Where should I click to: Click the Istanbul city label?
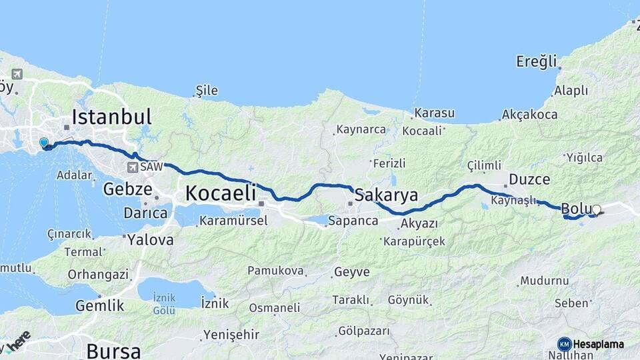click(111, 117)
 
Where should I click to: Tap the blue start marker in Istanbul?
click(44, 143)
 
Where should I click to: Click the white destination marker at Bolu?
click(596, 210)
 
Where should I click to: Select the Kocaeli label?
click(220, 193)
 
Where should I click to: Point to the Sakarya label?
click(386, 195)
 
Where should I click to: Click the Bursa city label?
click(113, 351)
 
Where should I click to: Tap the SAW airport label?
click(151, 165)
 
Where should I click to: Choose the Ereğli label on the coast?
click(536, 62)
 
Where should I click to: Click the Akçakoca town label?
click(529, 115)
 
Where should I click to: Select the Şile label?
click(206, 91)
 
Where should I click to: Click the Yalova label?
click(151, 239)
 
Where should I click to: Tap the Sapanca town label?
click(354, 221)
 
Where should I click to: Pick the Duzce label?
click(529, 179)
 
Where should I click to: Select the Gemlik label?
click(99, 305)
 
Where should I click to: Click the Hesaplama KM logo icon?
click(564, 344)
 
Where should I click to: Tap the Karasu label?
click(434, 113)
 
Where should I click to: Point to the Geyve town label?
click(351, 272)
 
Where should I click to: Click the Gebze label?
click(127, 189)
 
